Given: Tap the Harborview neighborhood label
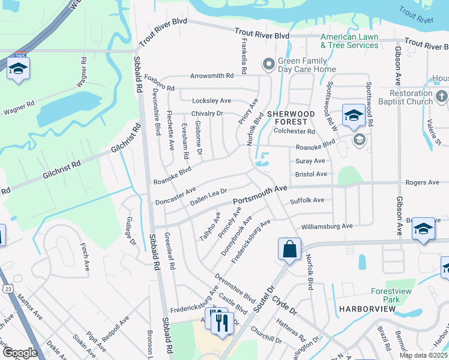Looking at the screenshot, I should [367, 308].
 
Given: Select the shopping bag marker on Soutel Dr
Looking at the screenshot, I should [289, 249].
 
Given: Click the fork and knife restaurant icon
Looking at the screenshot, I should [223, 323].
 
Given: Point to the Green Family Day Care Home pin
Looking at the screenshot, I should [268, 63].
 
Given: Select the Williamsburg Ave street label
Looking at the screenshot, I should [327, 226].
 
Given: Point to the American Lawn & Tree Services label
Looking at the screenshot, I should [349, 41].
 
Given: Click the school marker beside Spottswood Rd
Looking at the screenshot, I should [354, 116].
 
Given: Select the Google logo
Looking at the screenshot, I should [20, 352].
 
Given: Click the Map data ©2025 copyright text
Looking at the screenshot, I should [423, 355].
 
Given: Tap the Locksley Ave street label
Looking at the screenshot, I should [211, 101].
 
